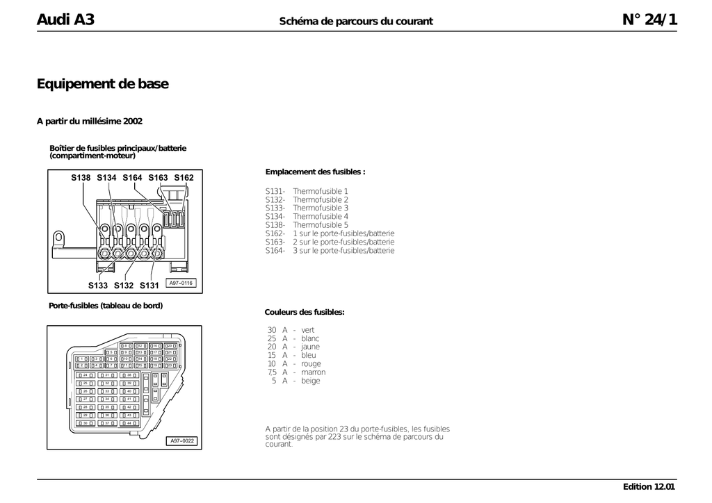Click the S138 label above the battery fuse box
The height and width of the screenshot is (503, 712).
pos(81,178)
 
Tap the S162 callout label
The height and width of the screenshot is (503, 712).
pos(184,178)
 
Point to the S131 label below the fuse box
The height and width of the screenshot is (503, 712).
pos(149,286)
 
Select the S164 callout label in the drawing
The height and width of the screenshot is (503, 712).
pos(132,178)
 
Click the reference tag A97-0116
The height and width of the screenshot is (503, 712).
pos(181,283)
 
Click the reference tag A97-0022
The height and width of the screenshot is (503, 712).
pos(182,440)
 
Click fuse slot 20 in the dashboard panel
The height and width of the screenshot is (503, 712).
pos(170,345)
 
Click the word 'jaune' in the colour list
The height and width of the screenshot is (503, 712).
pos(310,347)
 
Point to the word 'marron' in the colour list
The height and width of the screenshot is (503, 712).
pos(313,372)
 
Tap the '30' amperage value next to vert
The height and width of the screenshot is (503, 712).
pos(272,330)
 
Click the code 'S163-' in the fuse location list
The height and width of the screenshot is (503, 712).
pos(275,242)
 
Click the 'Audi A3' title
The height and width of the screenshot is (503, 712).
pos(65,19)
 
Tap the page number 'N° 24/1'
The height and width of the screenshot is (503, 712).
pos(649,19)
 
